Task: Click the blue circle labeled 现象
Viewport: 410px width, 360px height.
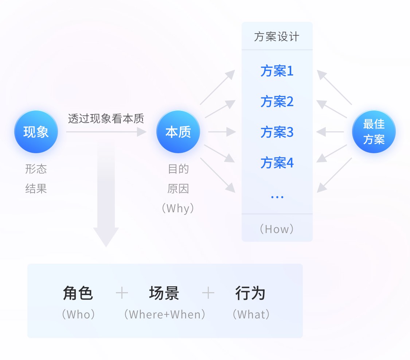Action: point(36,132)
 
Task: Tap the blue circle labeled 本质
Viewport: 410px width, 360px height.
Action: point(178,132)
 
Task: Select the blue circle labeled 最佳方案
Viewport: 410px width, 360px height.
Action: point(374,132)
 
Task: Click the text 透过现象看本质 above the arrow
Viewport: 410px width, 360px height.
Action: point(106,119)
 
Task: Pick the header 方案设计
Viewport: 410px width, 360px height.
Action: point(277,37)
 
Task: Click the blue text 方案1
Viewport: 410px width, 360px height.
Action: point(277,71)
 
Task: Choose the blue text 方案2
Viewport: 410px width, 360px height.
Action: point(277,101)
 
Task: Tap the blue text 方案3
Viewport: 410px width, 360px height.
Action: point(277,132)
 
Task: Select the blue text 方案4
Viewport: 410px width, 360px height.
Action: point(277,163)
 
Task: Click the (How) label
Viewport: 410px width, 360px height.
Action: point(277,229)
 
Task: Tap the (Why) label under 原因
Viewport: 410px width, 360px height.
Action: point(178,208)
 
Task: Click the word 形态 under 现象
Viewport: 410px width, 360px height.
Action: point(36,169)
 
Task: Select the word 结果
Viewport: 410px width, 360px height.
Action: point(36,189)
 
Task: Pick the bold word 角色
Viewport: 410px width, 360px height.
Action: point(78,293)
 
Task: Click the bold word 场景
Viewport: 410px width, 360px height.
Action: point(164,293)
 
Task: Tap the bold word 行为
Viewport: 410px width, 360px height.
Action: point(250,293)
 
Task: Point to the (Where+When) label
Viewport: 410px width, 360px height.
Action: point(165,314)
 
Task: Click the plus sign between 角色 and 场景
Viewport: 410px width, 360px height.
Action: point(122,293)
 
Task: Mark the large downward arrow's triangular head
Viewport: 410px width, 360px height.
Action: point(106,236)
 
